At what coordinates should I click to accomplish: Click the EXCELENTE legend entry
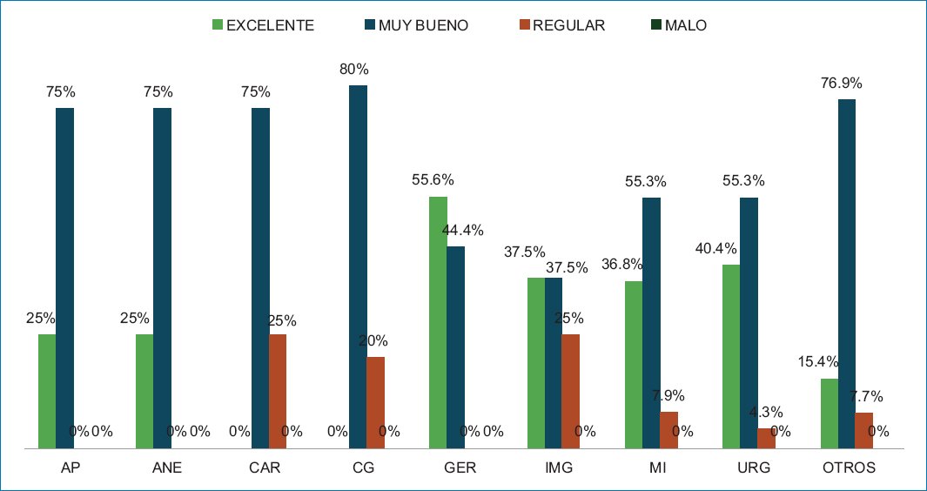click(x=263, y=25)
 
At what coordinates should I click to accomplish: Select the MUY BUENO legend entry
click(x=415, y=25)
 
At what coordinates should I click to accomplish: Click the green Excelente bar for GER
click(x=438, y=322)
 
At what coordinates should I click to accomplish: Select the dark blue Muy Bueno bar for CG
click(x=358, y=266)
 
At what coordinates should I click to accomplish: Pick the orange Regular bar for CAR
click(x=278, y=391)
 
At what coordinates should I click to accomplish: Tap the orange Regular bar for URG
click(x=766, y=438)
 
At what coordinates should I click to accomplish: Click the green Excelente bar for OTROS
click(x=829, y=413)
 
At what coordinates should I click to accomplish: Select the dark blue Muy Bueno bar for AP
click(x=64, y=278)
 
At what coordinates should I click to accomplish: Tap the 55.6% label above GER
click(x=433, y=180)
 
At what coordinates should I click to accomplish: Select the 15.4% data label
click(x=817, y=362)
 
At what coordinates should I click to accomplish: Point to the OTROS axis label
click(x=849, y=468)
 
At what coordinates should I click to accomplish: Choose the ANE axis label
click(x=166, y=468)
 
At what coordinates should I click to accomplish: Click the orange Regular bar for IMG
click(x=570, y=391)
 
